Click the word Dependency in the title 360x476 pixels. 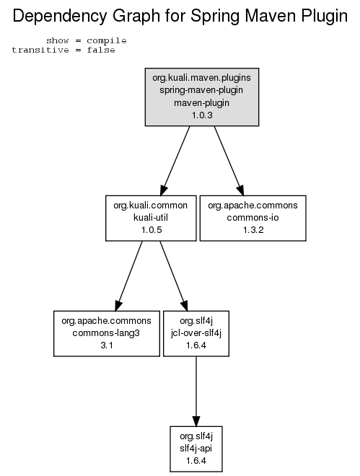click(x=60, y=17)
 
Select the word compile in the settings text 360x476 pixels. click(x=107, y=40)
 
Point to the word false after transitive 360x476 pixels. click(x=101, y=50)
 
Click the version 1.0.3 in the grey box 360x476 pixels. click(x=202, y=115)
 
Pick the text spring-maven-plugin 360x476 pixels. click(x=201, y=90)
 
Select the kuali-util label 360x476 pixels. click(x=151, y=218)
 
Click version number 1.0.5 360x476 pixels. click(x=152, y=230)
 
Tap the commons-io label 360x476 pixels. click(x=253, y=218)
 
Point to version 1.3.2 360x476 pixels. click(x=253, y=230)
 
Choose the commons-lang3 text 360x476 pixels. click(x=106, y=333)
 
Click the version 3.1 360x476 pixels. click(x=107, y=345)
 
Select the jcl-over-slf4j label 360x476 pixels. click(x=196, y=333)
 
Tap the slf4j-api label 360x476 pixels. click(x=196, y=449)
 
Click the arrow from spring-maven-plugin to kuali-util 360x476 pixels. click(x=175, y=161)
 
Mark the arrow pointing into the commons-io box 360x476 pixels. click(x=229, y=161)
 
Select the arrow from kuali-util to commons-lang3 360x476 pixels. click(x=128, y=276)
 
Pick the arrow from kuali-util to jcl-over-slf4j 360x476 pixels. click(x=174, y=276)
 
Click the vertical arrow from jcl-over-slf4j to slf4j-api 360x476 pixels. click(x=196, y=392)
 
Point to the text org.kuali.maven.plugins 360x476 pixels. click(x=201, y=78)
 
